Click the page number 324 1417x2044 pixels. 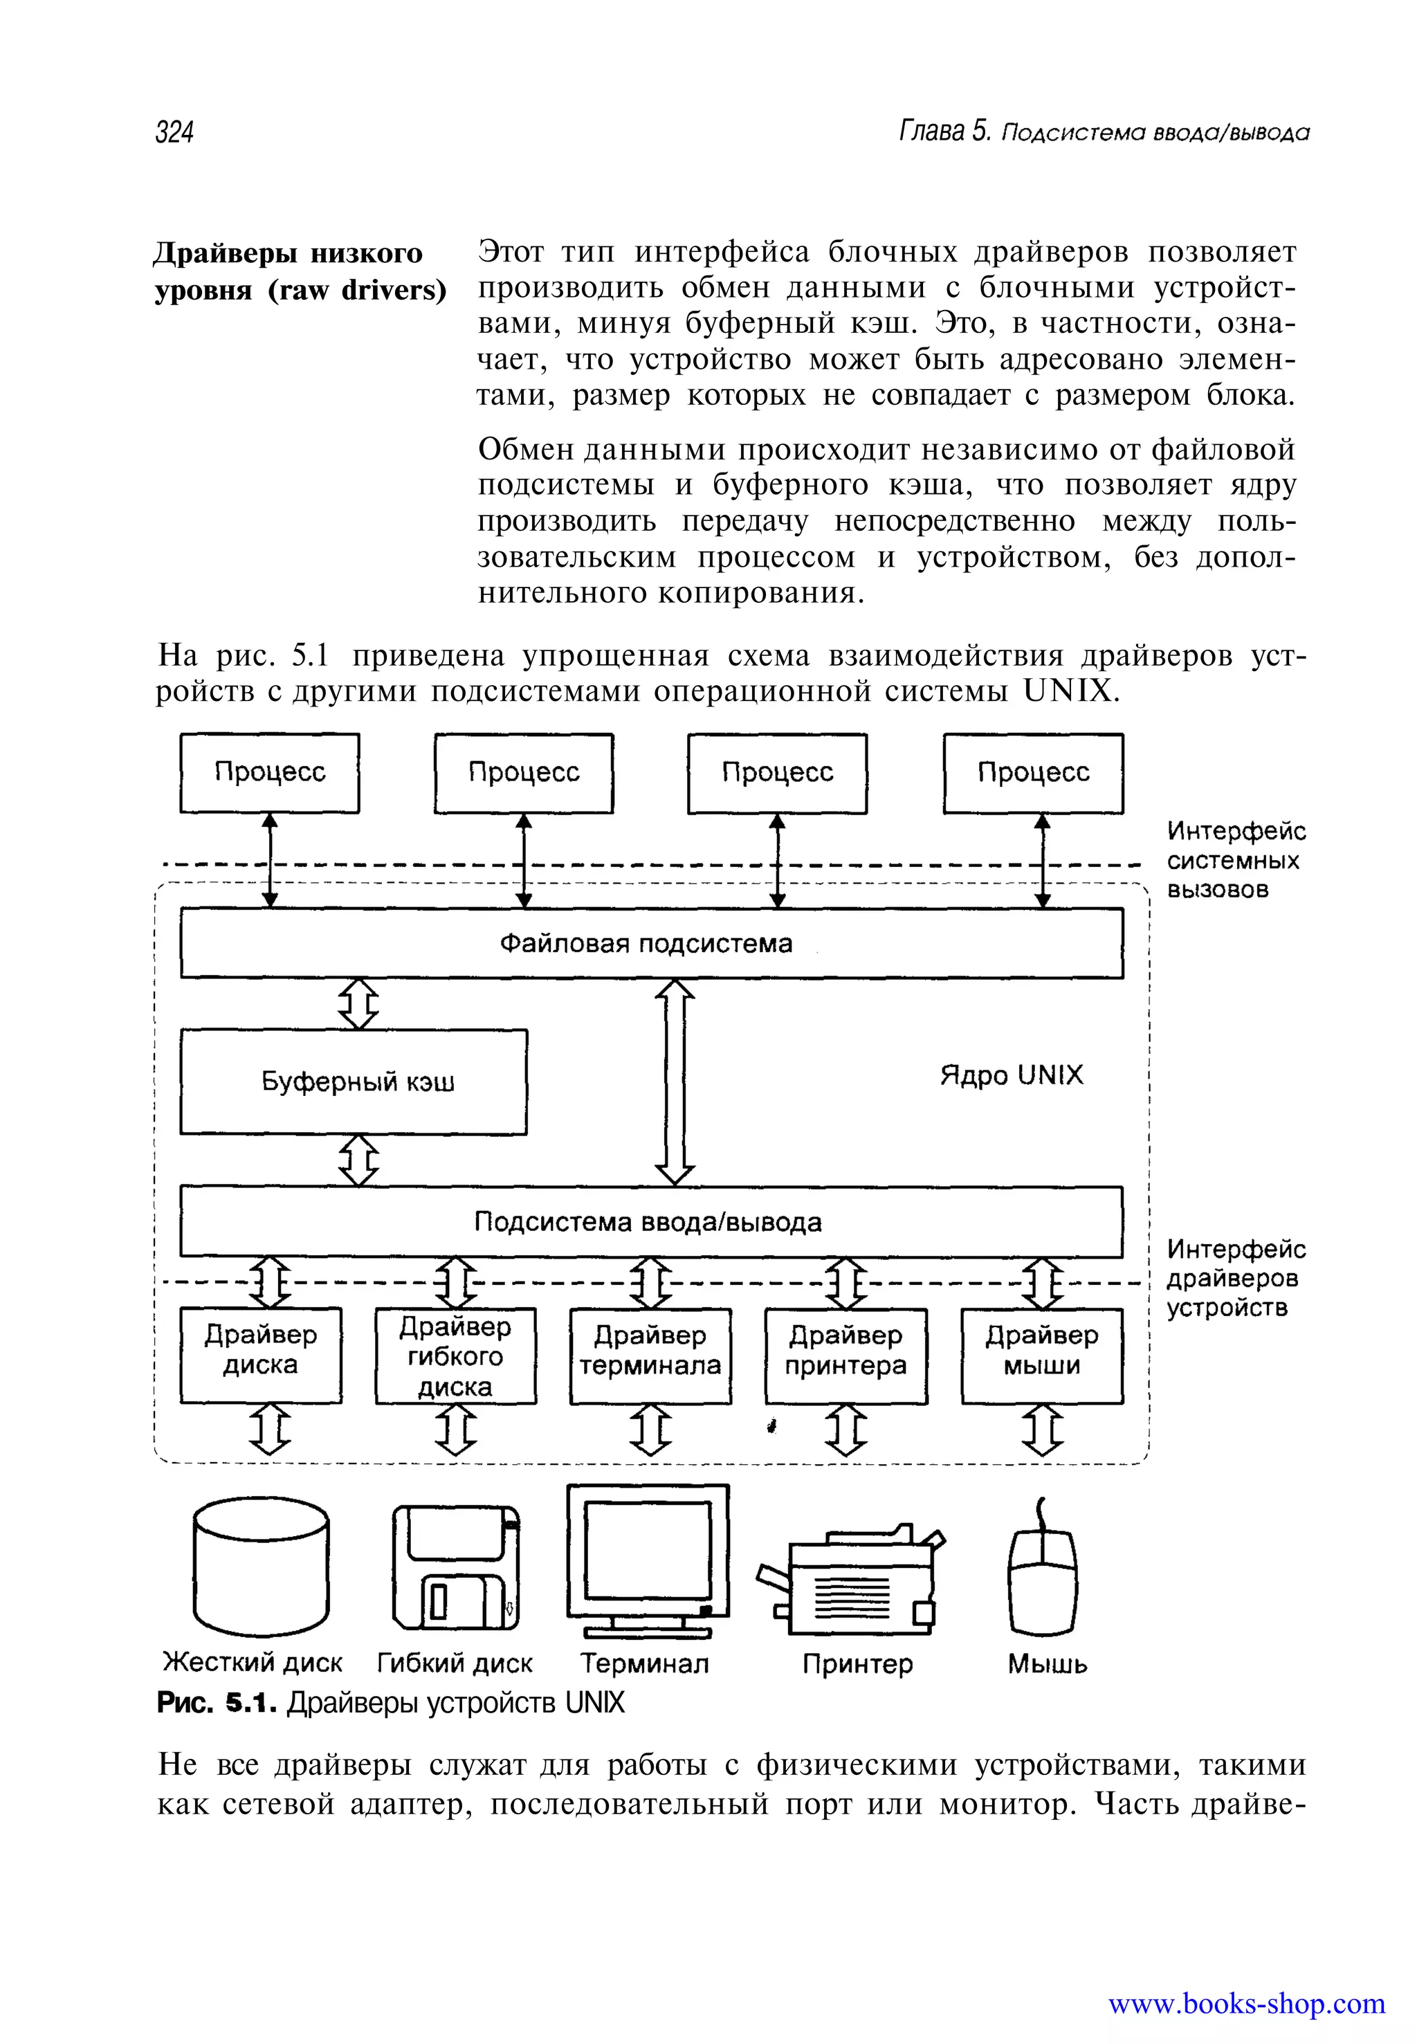[174, 132]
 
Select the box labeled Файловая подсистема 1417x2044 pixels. [651, 943]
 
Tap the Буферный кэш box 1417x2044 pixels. [354, 1082]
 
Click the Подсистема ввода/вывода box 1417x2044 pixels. [651, 1222]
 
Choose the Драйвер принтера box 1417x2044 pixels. [845, 1355]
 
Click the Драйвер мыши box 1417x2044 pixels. [1041, 1355]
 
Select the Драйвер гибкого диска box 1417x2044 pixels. [455, 1355]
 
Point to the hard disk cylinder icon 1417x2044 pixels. [260, 1567]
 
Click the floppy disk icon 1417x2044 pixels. [455, 1567]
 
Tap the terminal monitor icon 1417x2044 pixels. [648, 1558]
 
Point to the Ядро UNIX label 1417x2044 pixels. [1012, 1075]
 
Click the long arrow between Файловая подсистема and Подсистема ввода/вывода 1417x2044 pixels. [675, 1082]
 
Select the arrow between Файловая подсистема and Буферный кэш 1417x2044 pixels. [358, 1003]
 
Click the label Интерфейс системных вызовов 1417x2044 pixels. [1234, 859]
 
